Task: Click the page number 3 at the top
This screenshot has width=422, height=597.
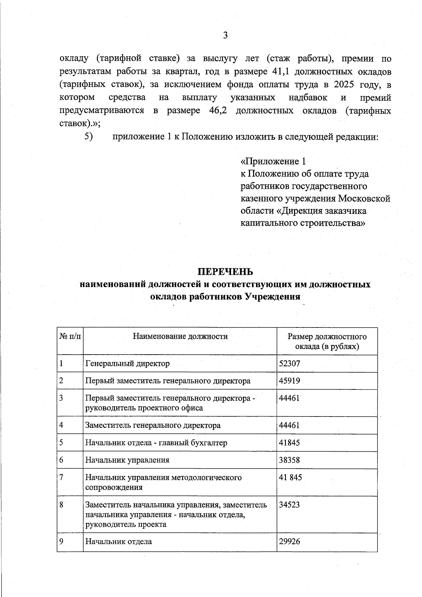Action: coord(225,35)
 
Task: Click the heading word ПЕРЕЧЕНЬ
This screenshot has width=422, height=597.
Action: coord(225,272)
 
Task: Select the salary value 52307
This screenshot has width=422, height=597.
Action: coord(289,363)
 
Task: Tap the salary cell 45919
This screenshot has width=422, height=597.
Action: coord(289,381)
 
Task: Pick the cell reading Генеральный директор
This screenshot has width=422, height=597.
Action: coord(127,363)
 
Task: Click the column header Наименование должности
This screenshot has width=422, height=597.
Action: coord(180,336)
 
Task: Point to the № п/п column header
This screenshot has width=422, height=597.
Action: coord(70,336)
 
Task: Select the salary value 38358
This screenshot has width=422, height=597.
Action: coord(289,460)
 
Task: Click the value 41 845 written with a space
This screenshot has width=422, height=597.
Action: coord(290,477)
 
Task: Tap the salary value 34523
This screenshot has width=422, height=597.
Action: coord(289,505)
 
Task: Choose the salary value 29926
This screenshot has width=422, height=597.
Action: coord(289,541)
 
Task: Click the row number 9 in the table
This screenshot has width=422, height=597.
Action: coord(61,541)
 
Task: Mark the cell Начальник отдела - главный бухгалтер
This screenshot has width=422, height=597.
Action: coord(156,443)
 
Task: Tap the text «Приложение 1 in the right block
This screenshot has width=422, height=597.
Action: coord(273,161)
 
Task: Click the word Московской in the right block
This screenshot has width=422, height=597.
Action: coord(364,198)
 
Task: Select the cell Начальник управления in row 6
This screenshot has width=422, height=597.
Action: coord(127,460)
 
